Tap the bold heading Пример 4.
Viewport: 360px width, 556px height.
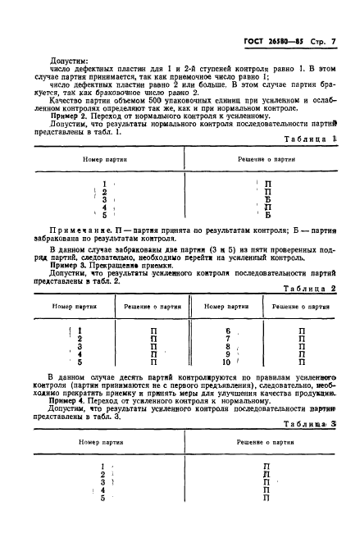(66, 399)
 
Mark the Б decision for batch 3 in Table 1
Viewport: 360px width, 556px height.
(267, 198)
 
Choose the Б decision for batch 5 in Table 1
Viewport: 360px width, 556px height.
(267, 215)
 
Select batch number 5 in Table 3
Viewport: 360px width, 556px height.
(103, 498)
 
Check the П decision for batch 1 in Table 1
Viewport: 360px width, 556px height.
(267, 184)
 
